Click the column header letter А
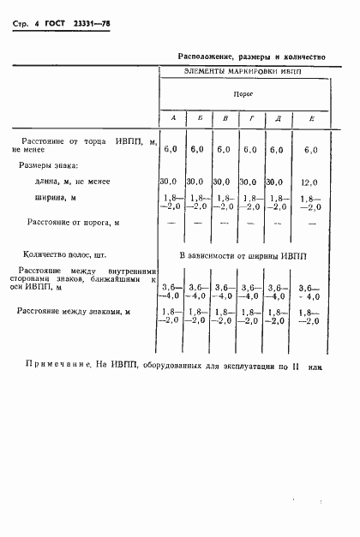click(173, 117)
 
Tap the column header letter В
click(225, 117)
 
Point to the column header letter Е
click(310, 117)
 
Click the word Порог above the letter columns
click(243, 93)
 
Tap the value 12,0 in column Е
click(310, 182)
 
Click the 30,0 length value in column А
click(169, 182)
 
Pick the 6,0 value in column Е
click(310, 149)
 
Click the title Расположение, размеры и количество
click(251, 56)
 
